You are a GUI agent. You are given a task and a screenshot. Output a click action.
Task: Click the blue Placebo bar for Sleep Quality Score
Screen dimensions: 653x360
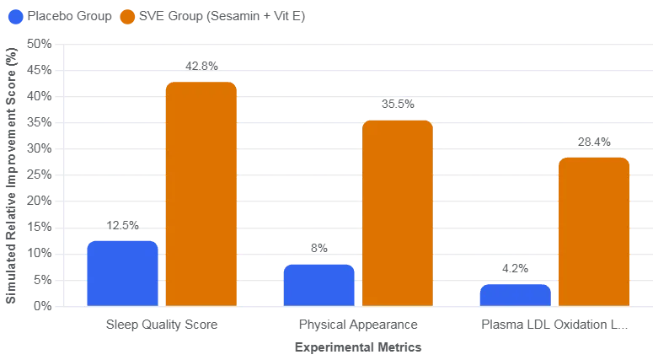pyautogui.click(x=122, y=274)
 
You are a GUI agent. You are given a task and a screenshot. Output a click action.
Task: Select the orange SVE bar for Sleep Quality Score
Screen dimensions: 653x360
pyautogui.click(x=201, y=194)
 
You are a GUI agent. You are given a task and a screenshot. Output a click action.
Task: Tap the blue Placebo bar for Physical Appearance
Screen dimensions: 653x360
pyautogui.click(x=319, y=286)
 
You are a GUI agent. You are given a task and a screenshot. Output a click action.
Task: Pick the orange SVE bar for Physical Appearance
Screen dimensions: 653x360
pyautogui.click(x=398, y=213)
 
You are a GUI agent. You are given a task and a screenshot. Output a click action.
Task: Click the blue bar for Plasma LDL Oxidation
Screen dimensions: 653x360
pyautogui.click(x=516, y=295)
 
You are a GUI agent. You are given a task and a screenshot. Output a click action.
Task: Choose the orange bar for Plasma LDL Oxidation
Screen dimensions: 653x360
pyautogui.click(x=594, y=232)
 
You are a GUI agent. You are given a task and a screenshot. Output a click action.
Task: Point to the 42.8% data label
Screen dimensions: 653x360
pyautogui.click(x=201, y=67)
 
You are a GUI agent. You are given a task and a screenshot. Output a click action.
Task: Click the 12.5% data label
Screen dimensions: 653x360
pyautogui.click(x=122, y=225)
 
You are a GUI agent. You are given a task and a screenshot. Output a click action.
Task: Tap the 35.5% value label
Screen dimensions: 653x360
pyautogui.click(x=399, y=105)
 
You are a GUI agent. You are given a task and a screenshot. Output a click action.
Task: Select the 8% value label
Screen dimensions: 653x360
pyautogui.click(x=319, y=249)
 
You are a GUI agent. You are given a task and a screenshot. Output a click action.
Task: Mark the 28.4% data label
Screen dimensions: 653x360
pyautogui.click(x=594, y=142)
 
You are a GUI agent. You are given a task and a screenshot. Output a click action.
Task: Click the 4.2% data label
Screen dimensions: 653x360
pyautogui.click(x=515, y=268)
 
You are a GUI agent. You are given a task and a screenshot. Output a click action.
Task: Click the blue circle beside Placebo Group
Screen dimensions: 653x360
pyautogui.click(x=16, y=17)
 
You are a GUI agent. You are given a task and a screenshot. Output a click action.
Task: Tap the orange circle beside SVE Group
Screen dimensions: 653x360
pyautogui.click(x=127, y=17)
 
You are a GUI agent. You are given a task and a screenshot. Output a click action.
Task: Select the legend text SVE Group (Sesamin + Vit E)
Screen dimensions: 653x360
pyautogui.click(x=222, y=16)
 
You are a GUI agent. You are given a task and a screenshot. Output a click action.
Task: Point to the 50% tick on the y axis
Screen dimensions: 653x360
pyautogui.click(x=39, y=44)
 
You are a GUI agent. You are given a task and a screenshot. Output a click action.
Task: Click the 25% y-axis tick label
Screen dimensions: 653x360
pyautogui.click(x=39, y=175)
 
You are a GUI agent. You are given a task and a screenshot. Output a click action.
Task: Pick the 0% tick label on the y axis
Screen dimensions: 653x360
pyautogui.click(x=42, y=306)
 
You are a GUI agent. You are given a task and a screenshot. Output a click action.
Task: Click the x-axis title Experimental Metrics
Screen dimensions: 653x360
pyautogui.click(x=358, y=347)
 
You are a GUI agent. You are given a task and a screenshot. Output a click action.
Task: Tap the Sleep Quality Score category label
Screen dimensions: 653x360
pyautogui.click(x=162, y=325)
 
